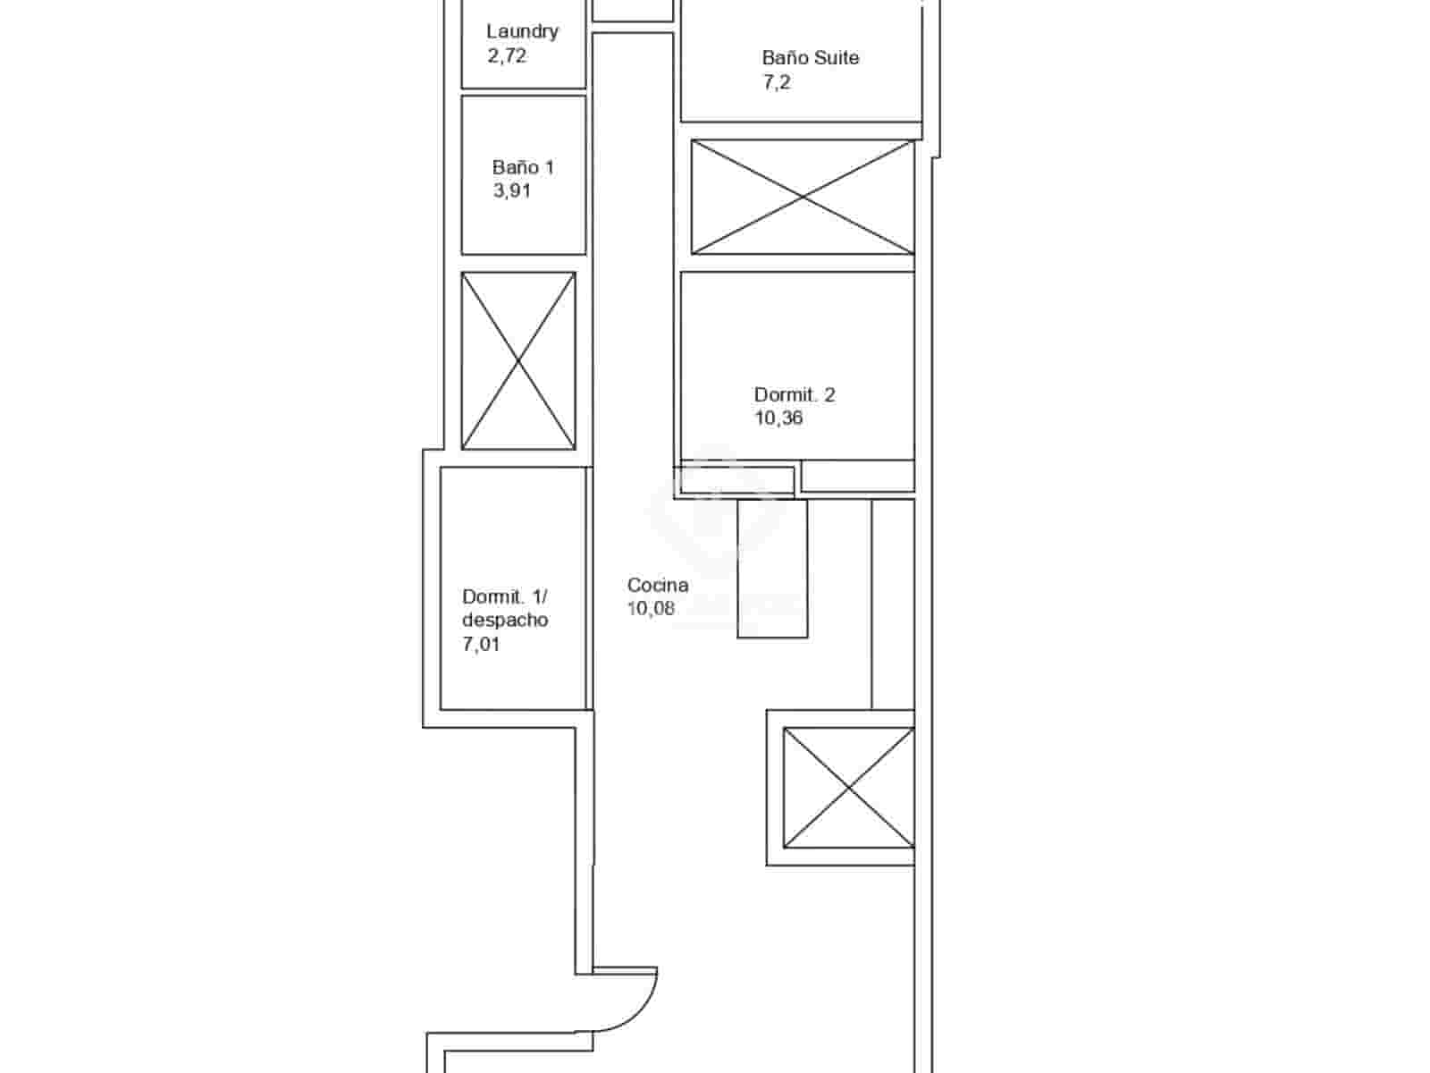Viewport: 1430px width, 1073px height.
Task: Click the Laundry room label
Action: (522, 31)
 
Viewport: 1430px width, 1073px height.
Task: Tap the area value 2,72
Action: (506, 55)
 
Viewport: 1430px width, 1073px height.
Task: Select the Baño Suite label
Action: (810, 58)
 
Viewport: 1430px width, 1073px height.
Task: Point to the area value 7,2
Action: (776, 82)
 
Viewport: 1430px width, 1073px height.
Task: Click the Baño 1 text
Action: (523, 167)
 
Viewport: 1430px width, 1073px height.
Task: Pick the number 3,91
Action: (511, 190)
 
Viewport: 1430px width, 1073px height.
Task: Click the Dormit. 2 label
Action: (794, 394)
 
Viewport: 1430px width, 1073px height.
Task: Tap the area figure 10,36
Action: (778, 418)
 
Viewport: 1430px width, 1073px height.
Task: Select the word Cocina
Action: (657, 585)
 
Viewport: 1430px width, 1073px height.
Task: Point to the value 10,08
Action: (651, 609)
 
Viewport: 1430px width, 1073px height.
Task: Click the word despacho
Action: (505, 620)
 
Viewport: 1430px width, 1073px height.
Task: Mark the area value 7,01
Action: (481, 644)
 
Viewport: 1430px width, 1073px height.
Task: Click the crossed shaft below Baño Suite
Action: (803, 197)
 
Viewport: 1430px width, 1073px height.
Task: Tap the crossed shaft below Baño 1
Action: (518, 360)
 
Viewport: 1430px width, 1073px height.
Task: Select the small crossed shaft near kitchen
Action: (848, 787)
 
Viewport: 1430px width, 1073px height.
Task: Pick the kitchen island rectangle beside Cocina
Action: (772, 569)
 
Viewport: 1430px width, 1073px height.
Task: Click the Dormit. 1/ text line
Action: (504, 596)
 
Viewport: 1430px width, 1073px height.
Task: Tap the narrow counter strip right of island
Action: (892, 604)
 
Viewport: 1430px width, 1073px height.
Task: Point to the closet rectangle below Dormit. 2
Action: (857, 476)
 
